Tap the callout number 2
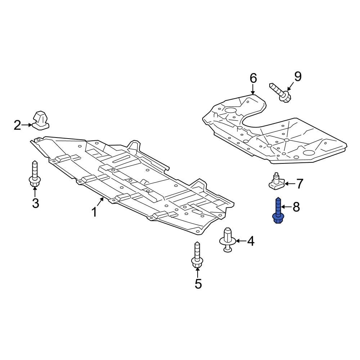[x=18, y=125]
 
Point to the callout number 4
[x=251, y=241]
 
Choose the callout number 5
[x=198, y=284]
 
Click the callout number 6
[x=253, y=78]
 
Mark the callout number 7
[x=300, y=184]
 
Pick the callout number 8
[x=296, y=207]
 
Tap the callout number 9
[x=297, y=76]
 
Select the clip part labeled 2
[x=41, y=120]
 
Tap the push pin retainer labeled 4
[x=228, y=239]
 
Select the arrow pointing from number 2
[x=27, y=125]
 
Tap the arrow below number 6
[x=253, y=89]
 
